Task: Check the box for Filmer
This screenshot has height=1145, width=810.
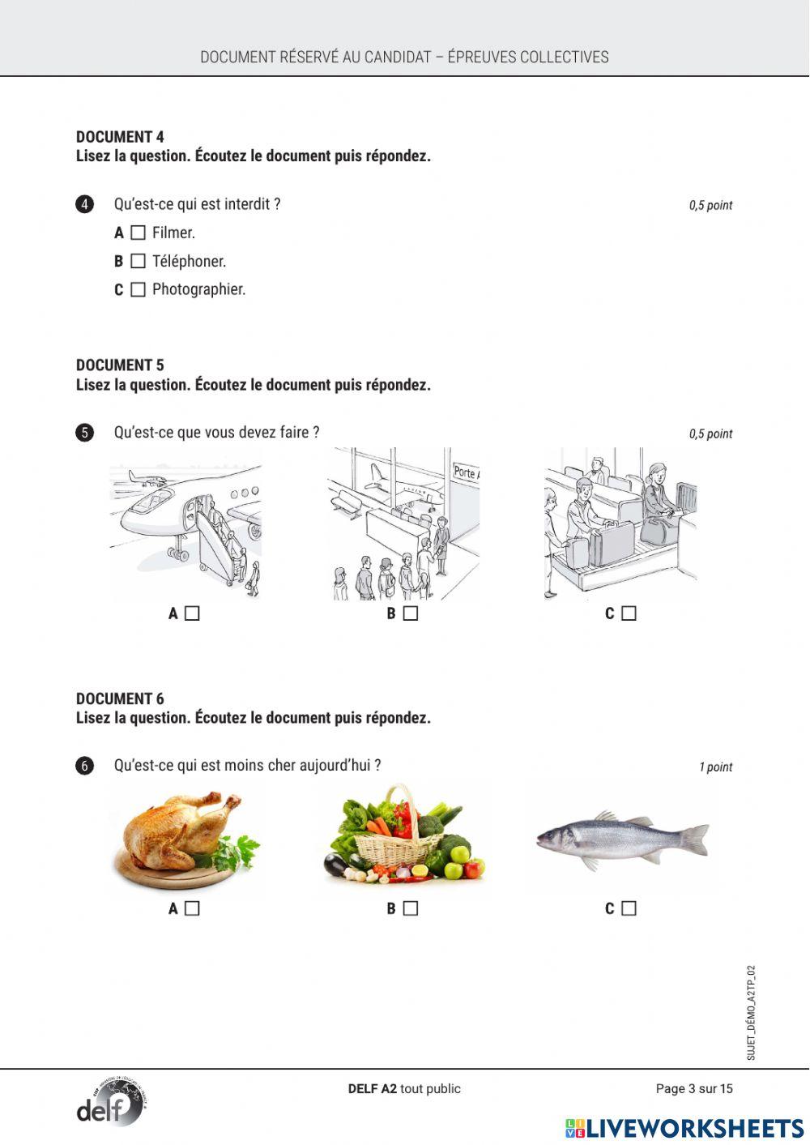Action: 138,233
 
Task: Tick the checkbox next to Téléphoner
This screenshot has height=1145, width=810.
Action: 138,262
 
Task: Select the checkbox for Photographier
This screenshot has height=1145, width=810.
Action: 138,290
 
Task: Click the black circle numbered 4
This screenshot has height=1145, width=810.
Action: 85,204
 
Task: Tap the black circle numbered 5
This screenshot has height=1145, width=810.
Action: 85,433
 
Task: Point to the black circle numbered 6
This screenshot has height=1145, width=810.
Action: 85,766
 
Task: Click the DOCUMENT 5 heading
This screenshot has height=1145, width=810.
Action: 120,365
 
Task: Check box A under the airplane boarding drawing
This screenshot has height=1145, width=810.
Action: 192,613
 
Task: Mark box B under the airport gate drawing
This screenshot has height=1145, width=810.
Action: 411,613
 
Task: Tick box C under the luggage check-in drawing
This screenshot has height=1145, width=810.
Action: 629,613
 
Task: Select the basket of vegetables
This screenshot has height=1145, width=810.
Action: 405,835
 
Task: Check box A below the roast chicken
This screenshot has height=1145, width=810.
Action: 192,908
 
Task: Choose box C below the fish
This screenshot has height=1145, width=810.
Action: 629,908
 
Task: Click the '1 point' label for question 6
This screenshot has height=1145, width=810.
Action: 715,767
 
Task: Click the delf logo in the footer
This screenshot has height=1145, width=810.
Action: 111,1103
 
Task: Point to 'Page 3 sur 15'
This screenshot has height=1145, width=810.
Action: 693,1088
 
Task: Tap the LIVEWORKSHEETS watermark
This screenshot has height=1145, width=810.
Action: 684,1129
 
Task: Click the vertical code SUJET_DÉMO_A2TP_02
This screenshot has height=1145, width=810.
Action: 751,1012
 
